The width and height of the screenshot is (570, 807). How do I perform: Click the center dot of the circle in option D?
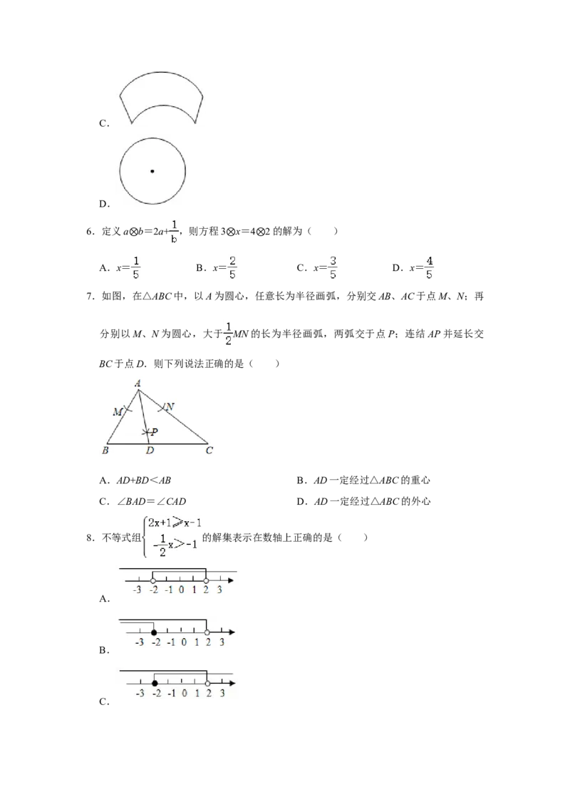coord(152,171)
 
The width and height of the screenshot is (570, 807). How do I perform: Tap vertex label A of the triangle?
coord(138,383)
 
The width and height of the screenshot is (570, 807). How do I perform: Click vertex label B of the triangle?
coord(105,451)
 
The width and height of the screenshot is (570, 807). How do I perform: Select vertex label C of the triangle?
coord(209,451)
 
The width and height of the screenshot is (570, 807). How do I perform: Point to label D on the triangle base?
coord(150,451)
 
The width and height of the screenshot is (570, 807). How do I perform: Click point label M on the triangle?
coord(118,412)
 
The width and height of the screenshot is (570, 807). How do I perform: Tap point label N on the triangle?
coord(170,406)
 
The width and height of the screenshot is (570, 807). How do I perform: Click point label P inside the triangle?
coord(155,432)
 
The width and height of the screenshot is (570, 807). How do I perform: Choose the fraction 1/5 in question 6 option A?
coord(136,267)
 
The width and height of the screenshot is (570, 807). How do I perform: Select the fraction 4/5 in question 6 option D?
coord(429,267)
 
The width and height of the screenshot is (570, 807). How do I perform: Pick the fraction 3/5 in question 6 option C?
coord(333,267)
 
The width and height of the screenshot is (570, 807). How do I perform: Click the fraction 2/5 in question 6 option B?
coord(232,267)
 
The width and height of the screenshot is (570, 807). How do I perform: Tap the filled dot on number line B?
coord(154,632)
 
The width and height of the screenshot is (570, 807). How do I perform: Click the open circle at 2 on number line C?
coord(207,684)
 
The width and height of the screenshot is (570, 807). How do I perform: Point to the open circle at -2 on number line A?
coord(152,580)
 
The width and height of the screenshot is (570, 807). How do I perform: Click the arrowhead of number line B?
coord(232,632)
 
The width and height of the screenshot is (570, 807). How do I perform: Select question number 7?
coord(90,297)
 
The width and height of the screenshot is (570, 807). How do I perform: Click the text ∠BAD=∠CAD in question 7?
coord(151,501)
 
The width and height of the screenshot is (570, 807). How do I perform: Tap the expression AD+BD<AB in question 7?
coord(143,480)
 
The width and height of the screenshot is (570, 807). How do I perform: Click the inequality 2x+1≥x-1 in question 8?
coord(175,523)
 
